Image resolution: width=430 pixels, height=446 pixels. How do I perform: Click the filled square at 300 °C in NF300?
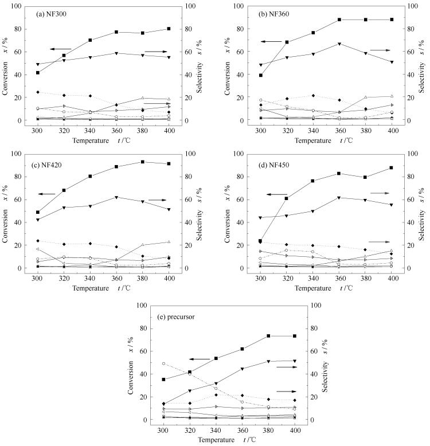38,73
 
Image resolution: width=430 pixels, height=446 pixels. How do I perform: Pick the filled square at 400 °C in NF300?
169,28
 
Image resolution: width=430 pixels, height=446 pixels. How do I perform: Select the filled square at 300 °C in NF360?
261,75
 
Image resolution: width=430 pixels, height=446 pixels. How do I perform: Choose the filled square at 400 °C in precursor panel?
295,336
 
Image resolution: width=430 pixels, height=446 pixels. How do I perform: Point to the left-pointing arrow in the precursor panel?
201,359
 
